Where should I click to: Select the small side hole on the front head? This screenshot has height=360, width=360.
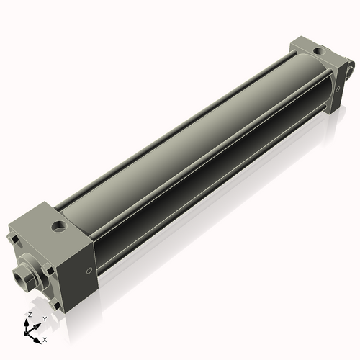89,271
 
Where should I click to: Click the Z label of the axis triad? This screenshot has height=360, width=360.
29,315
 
